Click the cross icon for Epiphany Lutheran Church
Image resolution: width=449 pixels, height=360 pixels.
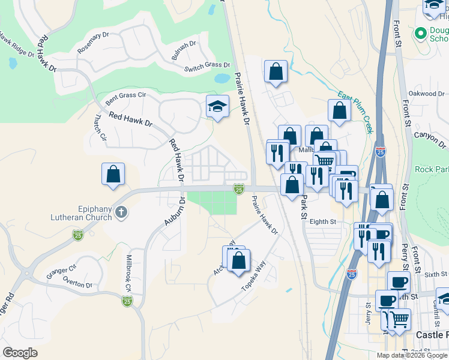pyautogui.click(x=121, y=212)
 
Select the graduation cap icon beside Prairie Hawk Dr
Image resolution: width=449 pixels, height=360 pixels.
pyautogui.click(x=217, y=107)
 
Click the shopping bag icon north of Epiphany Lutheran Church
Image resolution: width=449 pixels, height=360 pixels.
pyautogui.click(x=113, y=175)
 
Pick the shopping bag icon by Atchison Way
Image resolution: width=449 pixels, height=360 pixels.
pyautogui.click(x=239, y=260)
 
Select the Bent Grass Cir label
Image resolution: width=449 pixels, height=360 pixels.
pyautogui.click(x=126, y=95)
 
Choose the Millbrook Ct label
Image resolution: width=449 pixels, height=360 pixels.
pyautogui.click(x=128, y=273)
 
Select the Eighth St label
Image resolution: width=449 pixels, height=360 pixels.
pyautogui.click(x=322, y=221)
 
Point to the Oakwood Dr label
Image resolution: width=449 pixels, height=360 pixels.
pyautogui.click(x=426, y=94)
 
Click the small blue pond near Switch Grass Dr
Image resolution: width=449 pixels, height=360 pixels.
pyautogui.click(x=221, y=78)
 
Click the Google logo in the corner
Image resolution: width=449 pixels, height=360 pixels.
pyautogui.click(x=20, y=353)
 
